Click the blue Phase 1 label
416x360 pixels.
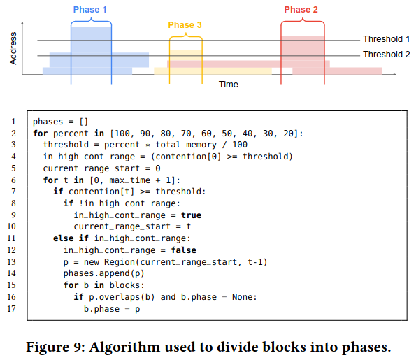[90, 10]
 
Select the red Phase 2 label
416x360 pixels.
[301, 10]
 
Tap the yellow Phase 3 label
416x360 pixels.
[185, 25]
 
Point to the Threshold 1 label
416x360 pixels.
[386, 39]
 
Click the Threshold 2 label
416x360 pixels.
[386, 55]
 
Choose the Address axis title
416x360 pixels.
[13, 48]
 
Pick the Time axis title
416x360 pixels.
[229, 85]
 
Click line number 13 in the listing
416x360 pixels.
[11, 262]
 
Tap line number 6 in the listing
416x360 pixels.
[13, 180]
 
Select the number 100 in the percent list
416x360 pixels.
[122, 134]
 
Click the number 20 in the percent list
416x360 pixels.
[288, 134]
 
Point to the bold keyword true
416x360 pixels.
[192, 215]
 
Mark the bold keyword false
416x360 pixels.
[184, 250]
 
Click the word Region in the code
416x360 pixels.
[120, 262]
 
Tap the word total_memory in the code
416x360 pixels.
[186, 145]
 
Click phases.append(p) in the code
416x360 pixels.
[103, 273]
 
